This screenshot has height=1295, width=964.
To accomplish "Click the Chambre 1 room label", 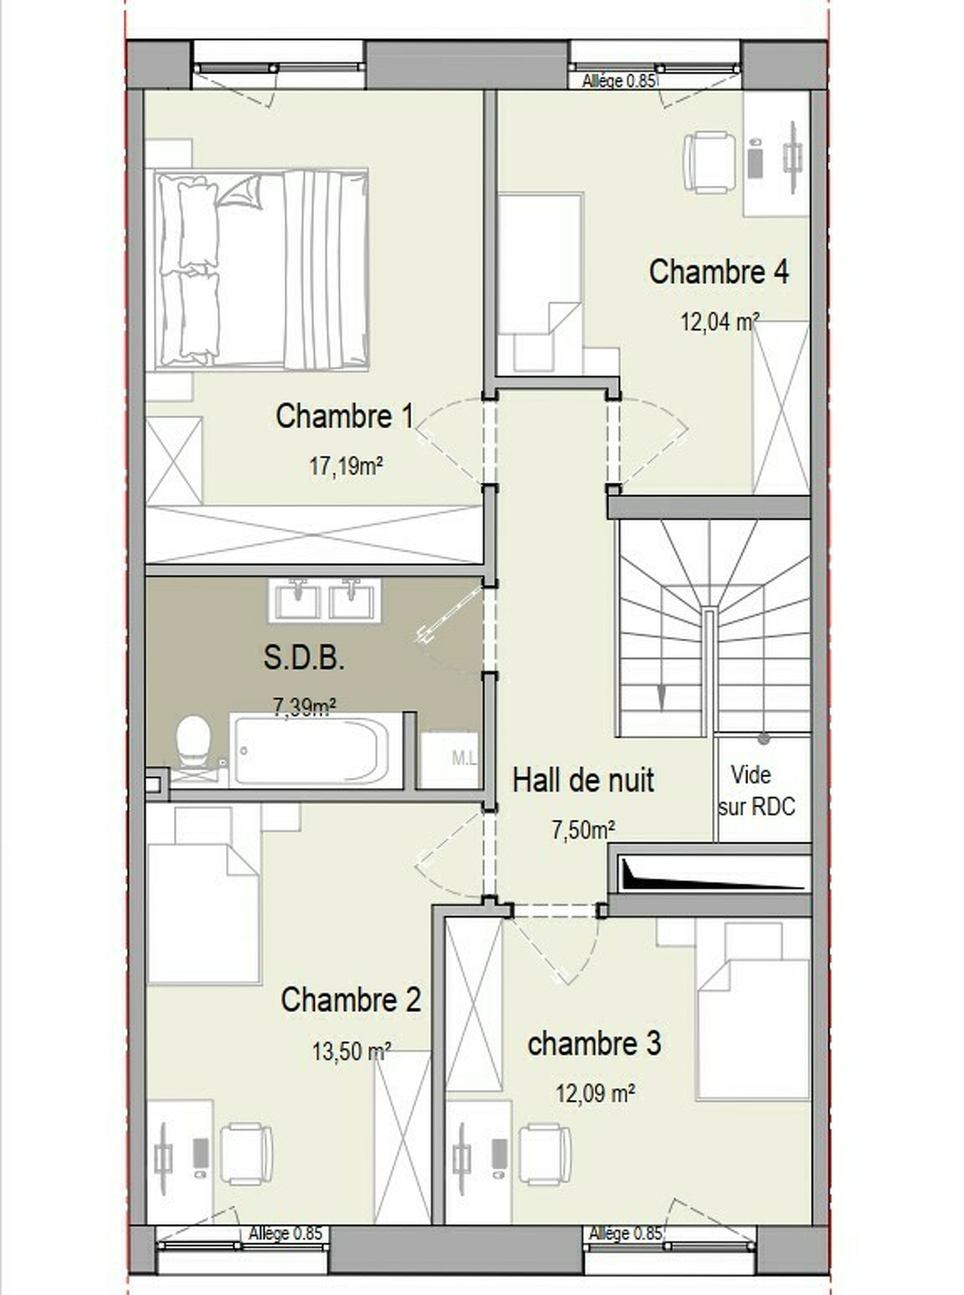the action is [x=344, y=416].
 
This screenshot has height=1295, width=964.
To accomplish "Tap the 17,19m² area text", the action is [x=346, y=466].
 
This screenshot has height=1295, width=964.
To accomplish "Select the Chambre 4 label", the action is [x=719, y=272].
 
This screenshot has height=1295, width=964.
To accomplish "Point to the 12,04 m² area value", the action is [x=720, y=322].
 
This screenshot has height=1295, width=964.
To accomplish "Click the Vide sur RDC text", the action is [x=756, y=791].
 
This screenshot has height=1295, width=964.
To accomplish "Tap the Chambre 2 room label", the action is [x=351, y=999].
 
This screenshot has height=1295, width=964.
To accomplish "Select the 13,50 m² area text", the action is [x=351, y=1051].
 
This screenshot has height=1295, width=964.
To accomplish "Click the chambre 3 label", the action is [x=594, y=1043].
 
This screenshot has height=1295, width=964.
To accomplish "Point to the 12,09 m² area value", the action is [x=595, y=1093].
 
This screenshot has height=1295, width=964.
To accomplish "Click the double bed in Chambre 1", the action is [x=261, y=270].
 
